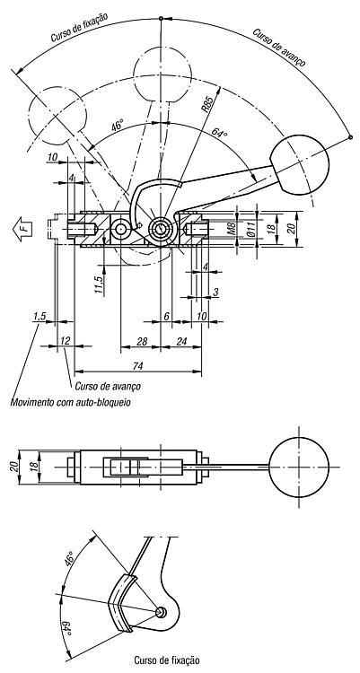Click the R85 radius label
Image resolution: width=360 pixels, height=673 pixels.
click(207, 105)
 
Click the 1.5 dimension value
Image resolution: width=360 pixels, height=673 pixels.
click(40, 317)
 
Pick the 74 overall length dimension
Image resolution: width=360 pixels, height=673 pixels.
click(137, 366)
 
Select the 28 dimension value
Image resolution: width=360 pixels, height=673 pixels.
click(142, 341)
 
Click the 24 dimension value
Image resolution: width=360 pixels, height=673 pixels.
click(182, 341)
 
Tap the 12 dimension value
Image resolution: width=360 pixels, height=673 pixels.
click(66, 341)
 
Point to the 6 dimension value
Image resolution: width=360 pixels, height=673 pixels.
click(166, 317)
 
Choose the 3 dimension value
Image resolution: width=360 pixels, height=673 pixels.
click(215, 292)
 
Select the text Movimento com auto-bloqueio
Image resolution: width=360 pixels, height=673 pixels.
click(70, 403)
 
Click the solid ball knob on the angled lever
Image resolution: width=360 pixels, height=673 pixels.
click(300, 164)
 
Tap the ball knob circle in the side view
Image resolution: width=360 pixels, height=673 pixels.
click(299, 467)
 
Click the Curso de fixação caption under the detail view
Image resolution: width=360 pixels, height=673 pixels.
click(167, 660)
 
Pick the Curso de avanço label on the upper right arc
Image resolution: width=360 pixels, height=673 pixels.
click(279, 48)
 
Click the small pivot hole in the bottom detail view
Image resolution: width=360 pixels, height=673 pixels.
click(161, 612)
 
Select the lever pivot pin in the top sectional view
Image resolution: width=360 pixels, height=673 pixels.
click(161, 229)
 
